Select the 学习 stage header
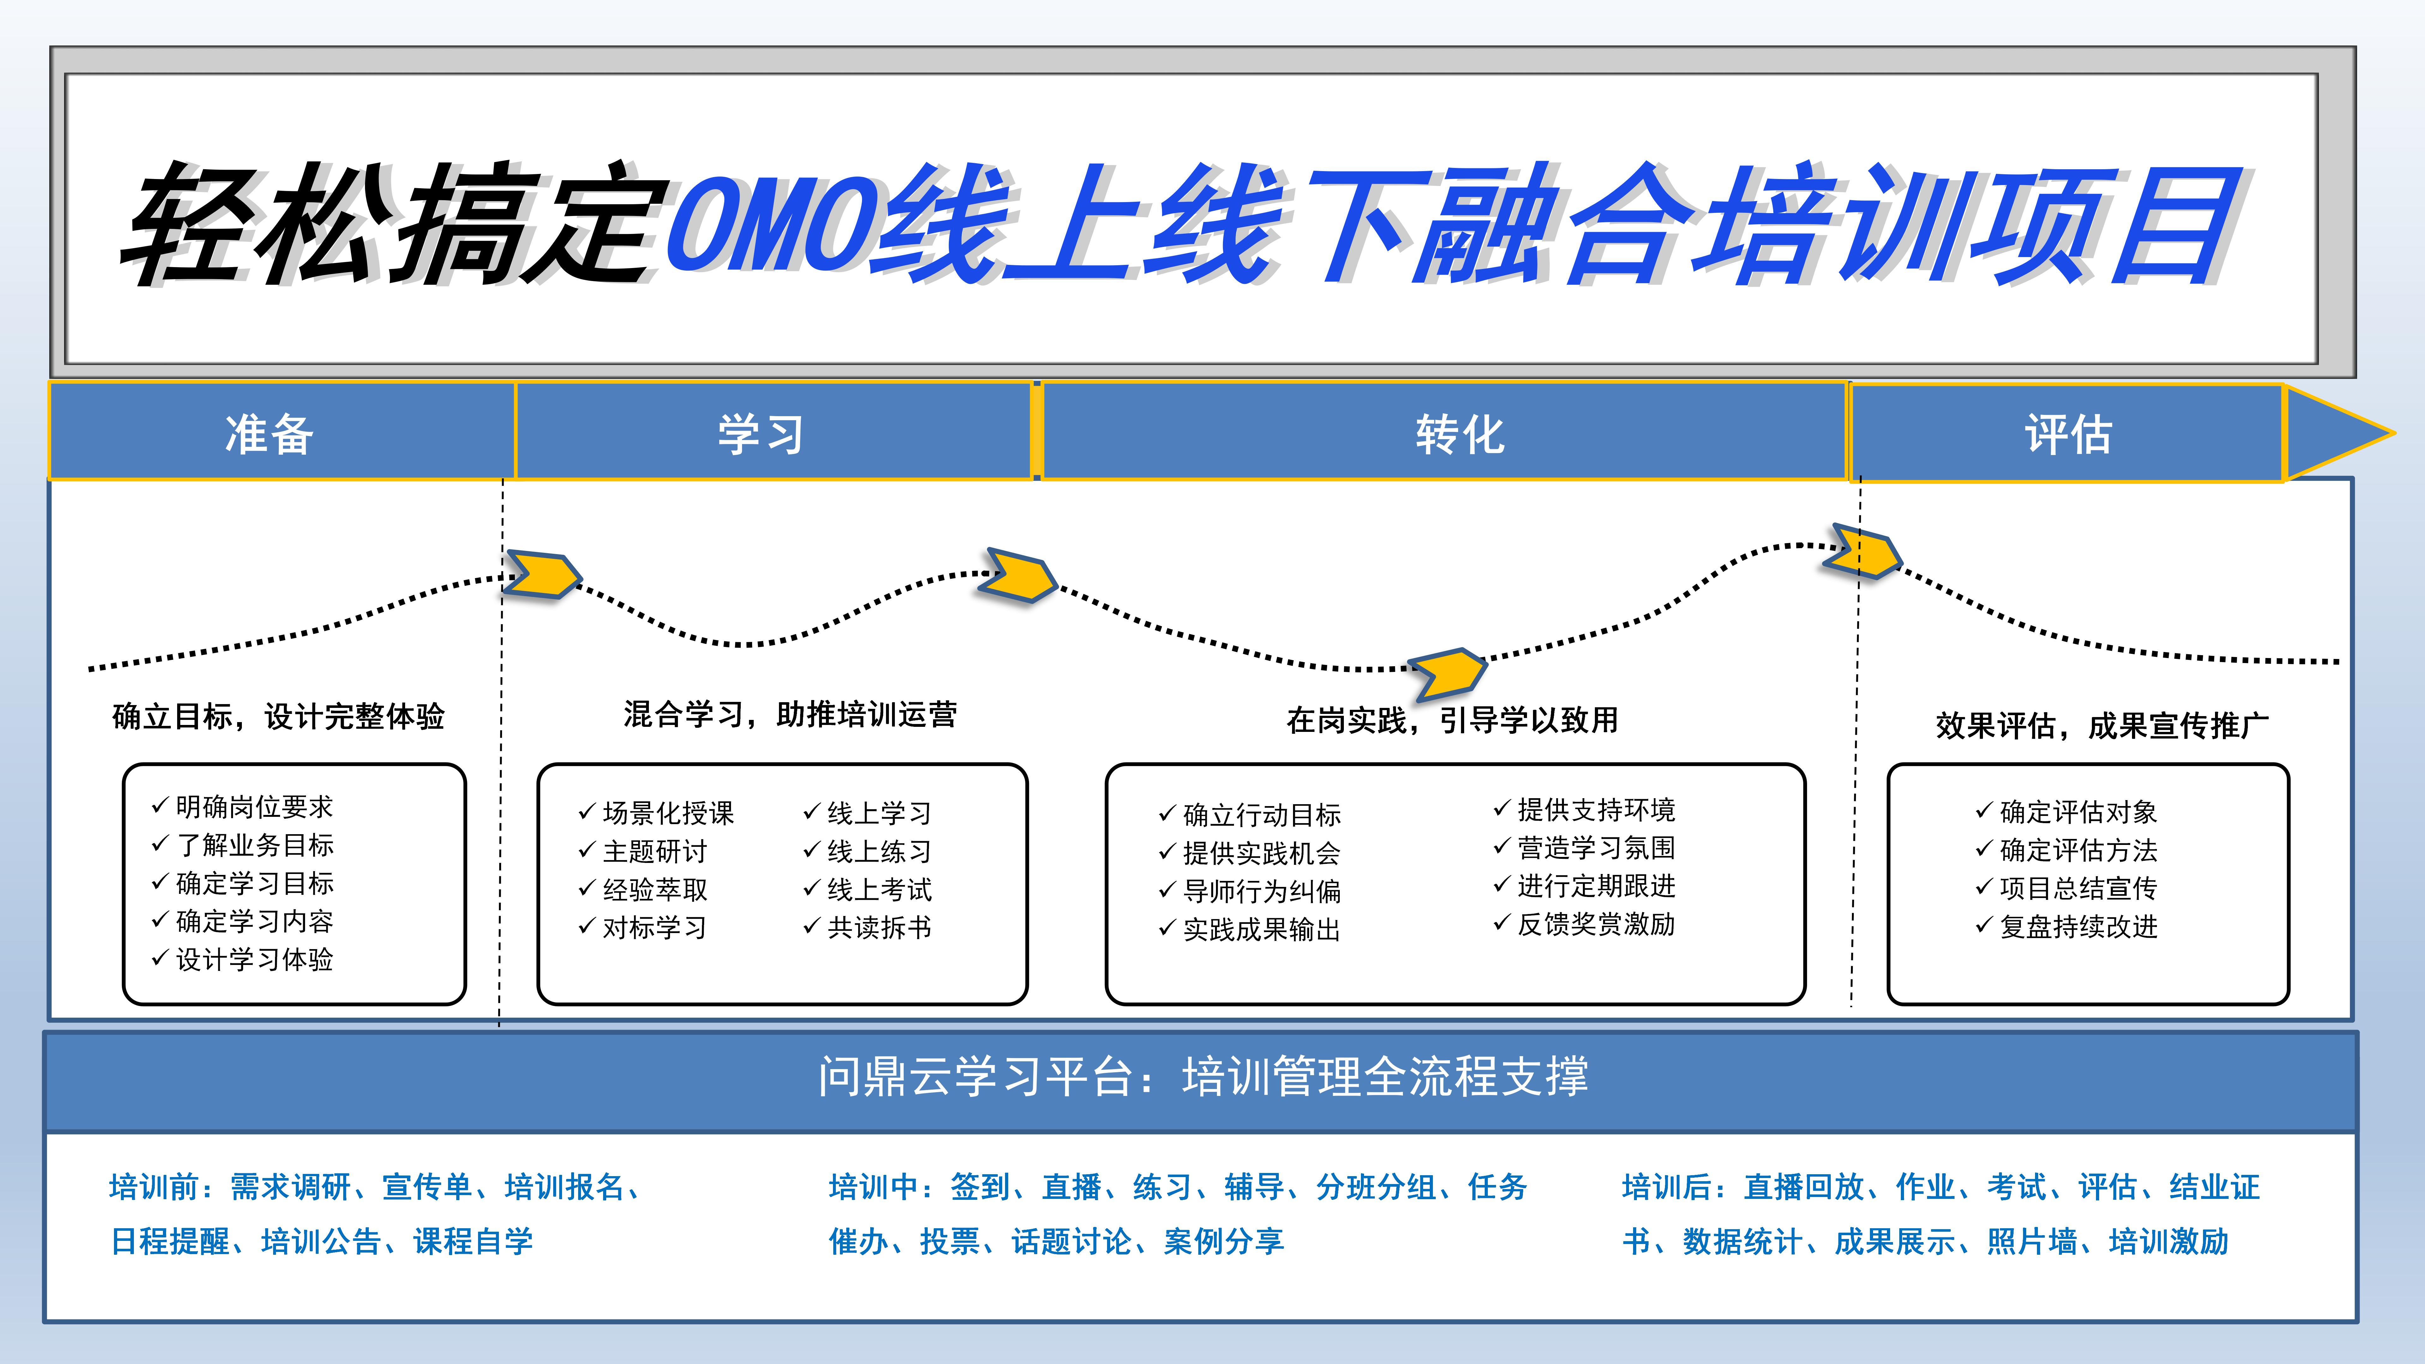pos(761,434)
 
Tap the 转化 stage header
pos(1460,434)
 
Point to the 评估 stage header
pos(2068,434)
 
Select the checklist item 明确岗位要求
pos(254,807)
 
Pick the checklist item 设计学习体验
pos(254,959)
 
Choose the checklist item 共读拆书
pos(878,927)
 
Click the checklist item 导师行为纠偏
pos(1261,890)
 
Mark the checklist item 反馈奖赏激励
pos(1596,924)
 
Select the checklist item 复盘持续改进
pos(2078,926)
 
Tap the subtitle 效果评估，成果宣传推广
pos(2101,726)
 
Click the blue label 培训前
pos(153,1187)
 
